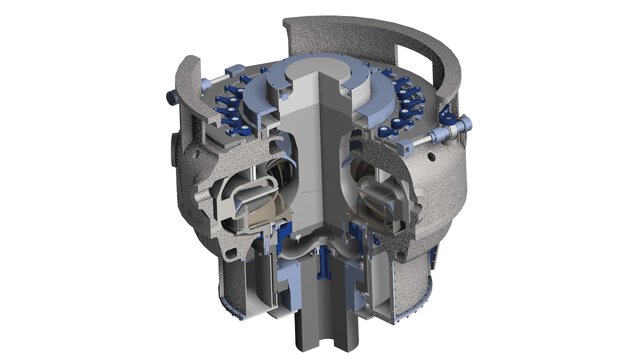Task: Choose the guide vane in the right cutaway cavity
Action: (395, 196)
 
